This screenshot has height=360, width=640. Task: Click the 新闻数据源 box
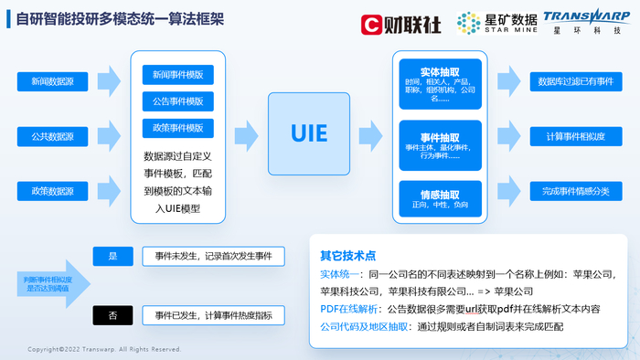point(48,81)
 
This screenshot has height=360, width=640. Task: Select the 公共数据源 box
point(48,136)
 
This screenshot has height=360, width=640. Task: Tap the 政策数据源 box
point(48,191)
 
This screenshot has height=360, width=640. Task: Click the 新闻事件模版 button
point(178,73)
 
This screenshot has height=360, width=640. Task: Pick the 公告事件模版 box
point(178,101)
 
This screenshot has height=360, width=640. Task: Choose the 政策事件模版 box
point(178,127)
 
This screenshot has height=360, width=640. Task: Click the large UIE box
point(309,132)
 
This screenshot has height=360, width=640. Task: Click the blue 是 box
point(113,256)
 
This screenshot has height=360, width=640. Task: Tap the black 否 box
point(113,316)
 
